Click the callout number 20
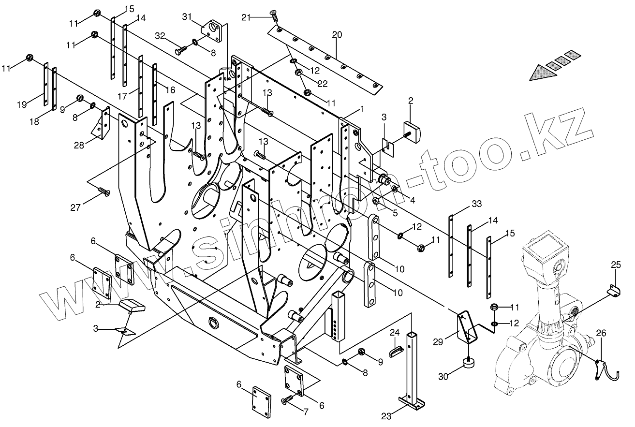(337, 34)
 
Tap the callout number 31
(187, 17)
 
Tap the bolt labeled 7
(288, 399)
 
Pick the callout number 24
(395, 333)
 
